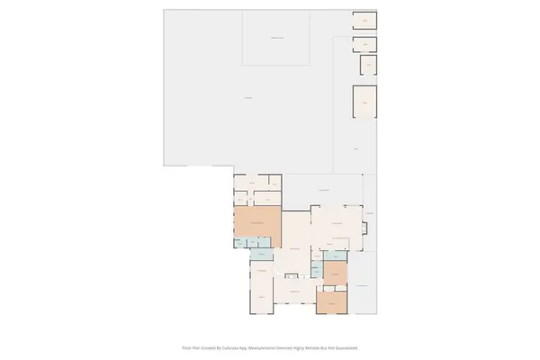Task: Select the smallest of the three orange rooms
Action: (335, 271)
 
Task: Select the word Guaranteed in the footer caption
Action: (347, 346)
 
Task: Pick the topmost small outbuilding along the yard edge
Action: (364, 20)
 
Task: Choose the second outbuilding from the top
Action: (364, 42)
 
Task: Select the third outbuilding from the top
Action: (367, 65)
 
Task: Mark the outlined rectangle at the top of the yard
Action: (276, 38)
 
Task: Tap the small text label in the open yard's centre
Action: (247, 96)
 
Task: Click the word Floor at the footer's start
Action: (185, 346)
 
